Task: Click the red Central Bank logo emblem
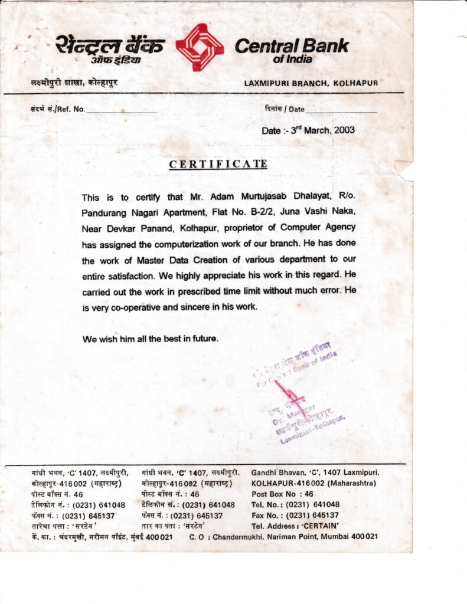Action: point(200,47)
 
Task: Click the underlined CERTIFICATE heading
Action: point(218,164)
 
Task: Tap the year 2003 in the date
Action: point(344,130)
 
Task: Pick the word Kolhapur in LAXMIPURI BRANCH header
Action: point(355,84)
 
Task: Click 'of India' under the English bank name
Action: point(293,59)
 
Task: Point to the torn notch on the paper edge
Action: point(406,170)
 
